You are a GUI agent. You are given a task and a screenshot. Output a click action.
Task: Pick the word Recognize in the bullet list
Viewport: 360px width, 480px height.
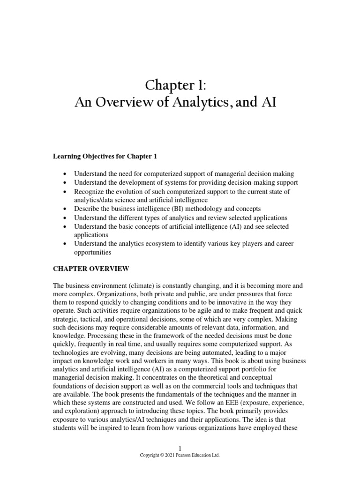tap(90, 192)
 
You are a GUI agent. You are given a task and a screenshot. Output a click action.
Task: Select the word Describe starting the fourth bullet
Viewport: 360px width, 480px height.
tap(87, 209)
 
